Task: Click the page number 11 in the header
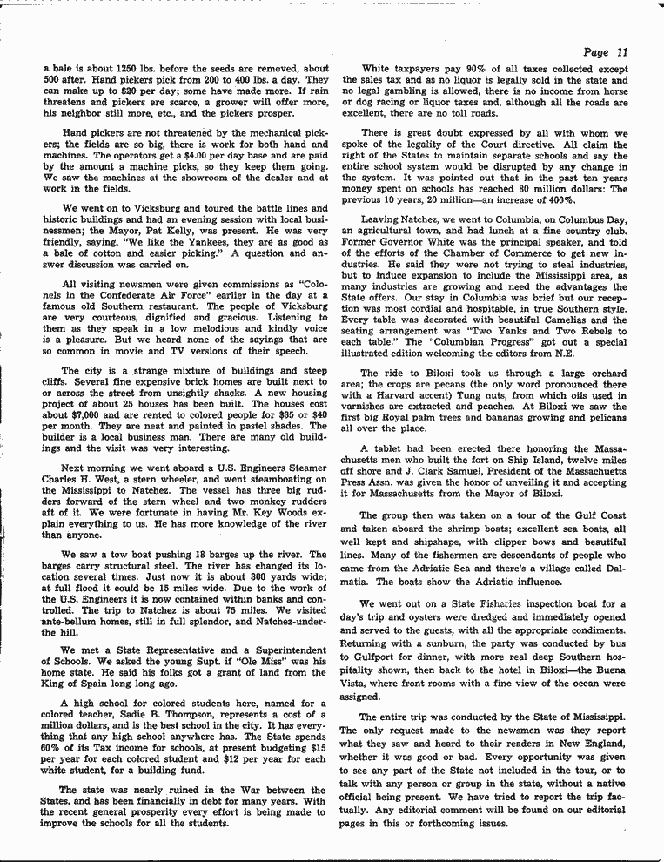tap(623, 52)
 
